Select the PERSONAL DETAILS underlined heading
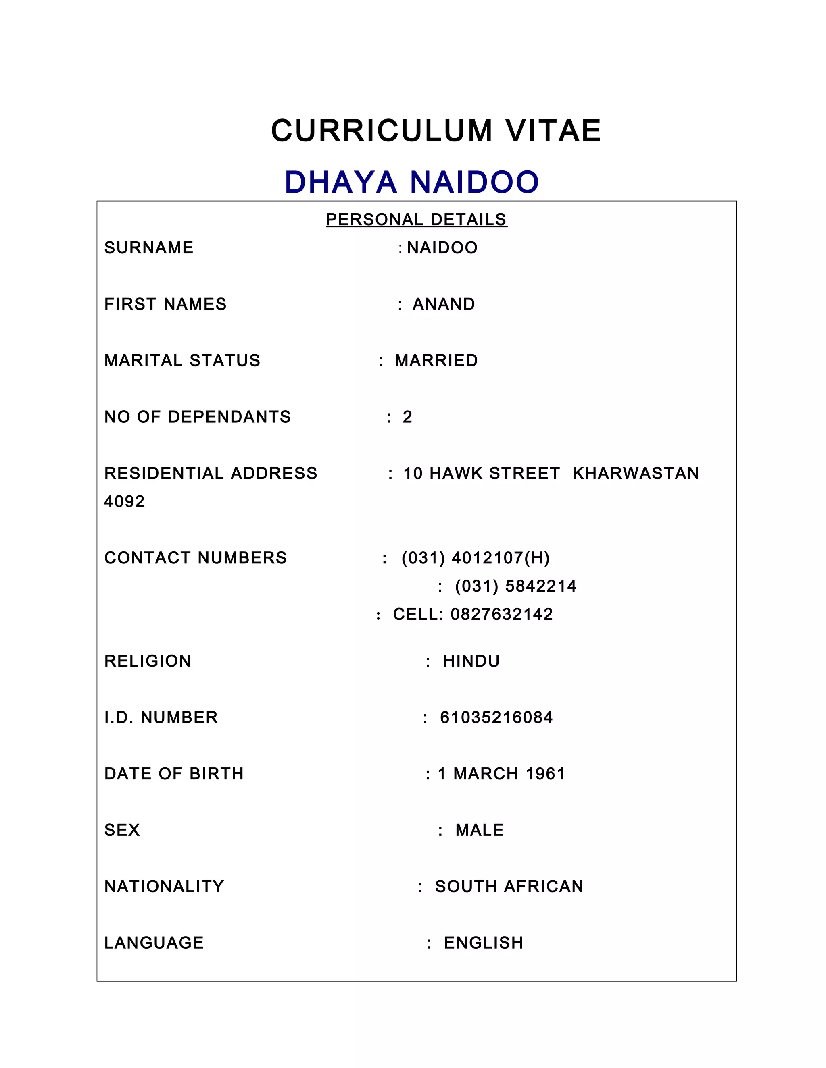coord(416,220)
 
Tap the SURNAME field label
coord(149,248)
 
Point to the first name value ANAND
coord(443,304)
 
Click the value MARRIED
coord(436,360)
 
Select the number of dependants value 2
coord(407,417)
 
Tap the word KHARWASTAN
coord(636,474)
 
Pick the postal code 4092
coord(124,502)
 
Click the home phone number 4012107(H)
coord(501,558)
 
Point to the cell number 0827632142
coord(502,614)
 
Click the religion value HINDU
coord(471,661)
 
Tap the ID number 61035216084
coord(496,717)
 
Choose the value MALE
coord(480,830)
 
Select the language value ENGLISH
coord(484,943)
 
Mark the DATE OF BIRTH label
coord(174,774)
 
